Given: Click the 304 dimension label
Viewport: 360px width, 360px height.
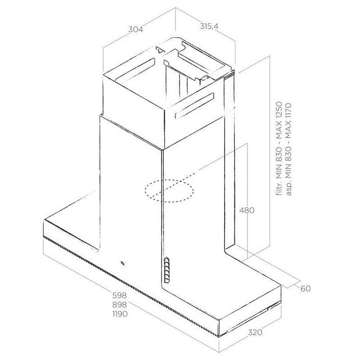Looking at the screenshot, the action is [135, 29].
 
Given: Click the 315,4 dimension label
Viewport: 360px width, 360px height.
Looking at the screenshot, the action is [209, 27].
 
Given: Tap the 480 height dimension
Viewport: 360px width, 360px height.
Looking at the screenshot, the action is [247, 210].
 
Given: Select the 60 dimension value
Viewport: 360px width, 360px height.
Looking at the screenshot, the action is [306, 288].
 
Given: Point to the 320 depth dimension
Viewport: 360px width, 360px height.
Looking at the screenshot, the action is [255, 332].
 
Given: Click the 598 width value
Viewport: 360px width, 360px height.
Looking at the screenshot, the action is [119, 295].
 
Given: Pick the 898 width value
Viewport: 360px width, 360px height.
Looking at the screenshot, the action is [119, 305].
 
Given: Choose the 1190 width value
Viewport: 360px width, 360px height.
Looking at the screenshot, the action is [120, 314].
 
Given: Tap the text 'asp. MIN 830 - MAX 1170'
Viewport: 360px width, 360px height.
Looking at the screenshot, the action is [288, 149].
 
